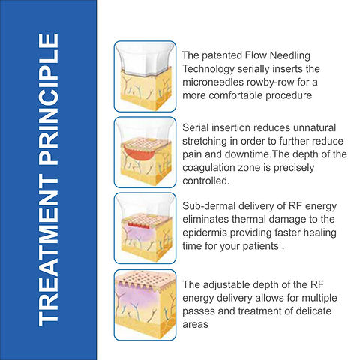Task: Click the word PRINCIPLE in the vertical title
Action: pos(49,100)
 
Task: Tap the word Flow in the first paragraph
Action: pos(256,55)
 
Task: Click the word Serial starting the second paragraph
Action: pos(196,128)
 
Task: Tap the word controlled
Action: pos(206,181)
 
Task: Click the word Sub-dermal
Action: pos(208,206)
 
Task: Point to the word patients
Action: pos(260,246)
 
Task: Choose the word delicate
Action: pos(313,311)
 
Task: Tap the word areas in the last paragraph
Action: pos(195,325)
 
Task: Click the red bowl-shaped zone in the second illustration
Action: pos(139,152)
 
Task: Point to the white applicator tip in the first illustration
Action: pos(145,58)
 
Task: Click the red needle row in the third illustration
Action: pos(139,225)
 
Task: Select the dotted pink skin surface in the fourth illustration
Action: pos(145,279)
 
